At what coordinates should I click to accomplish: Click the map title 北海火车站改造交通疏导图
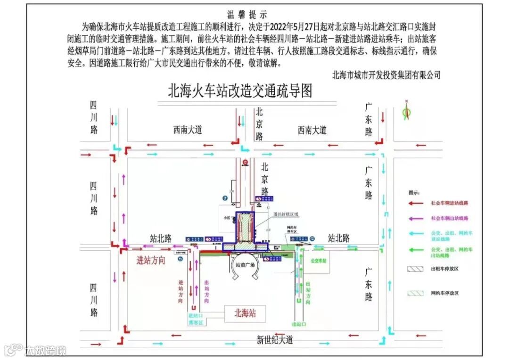240,90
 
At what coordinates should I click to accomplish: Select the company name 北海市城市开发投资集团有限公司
386,75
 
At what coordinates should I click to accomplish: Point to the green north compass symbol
406,111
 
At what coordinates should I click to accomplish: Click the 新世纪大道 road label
274,340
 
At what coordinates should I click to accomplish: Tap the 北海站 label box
245,313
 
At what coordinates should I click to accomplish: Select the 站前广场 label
245,265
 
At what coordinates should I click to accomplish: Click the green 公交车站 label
319,260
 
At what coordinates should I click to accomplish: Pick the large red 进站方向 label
151,260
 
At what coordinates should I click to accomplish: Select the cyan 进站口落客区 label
196,319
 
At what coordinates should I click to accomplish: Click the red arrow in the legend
417,203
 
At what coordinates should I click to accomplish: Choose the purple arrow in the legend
417,218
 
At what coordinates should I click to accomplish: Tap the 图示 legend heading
414,193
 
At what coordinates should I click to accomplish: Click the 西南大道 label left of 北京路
187,130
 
